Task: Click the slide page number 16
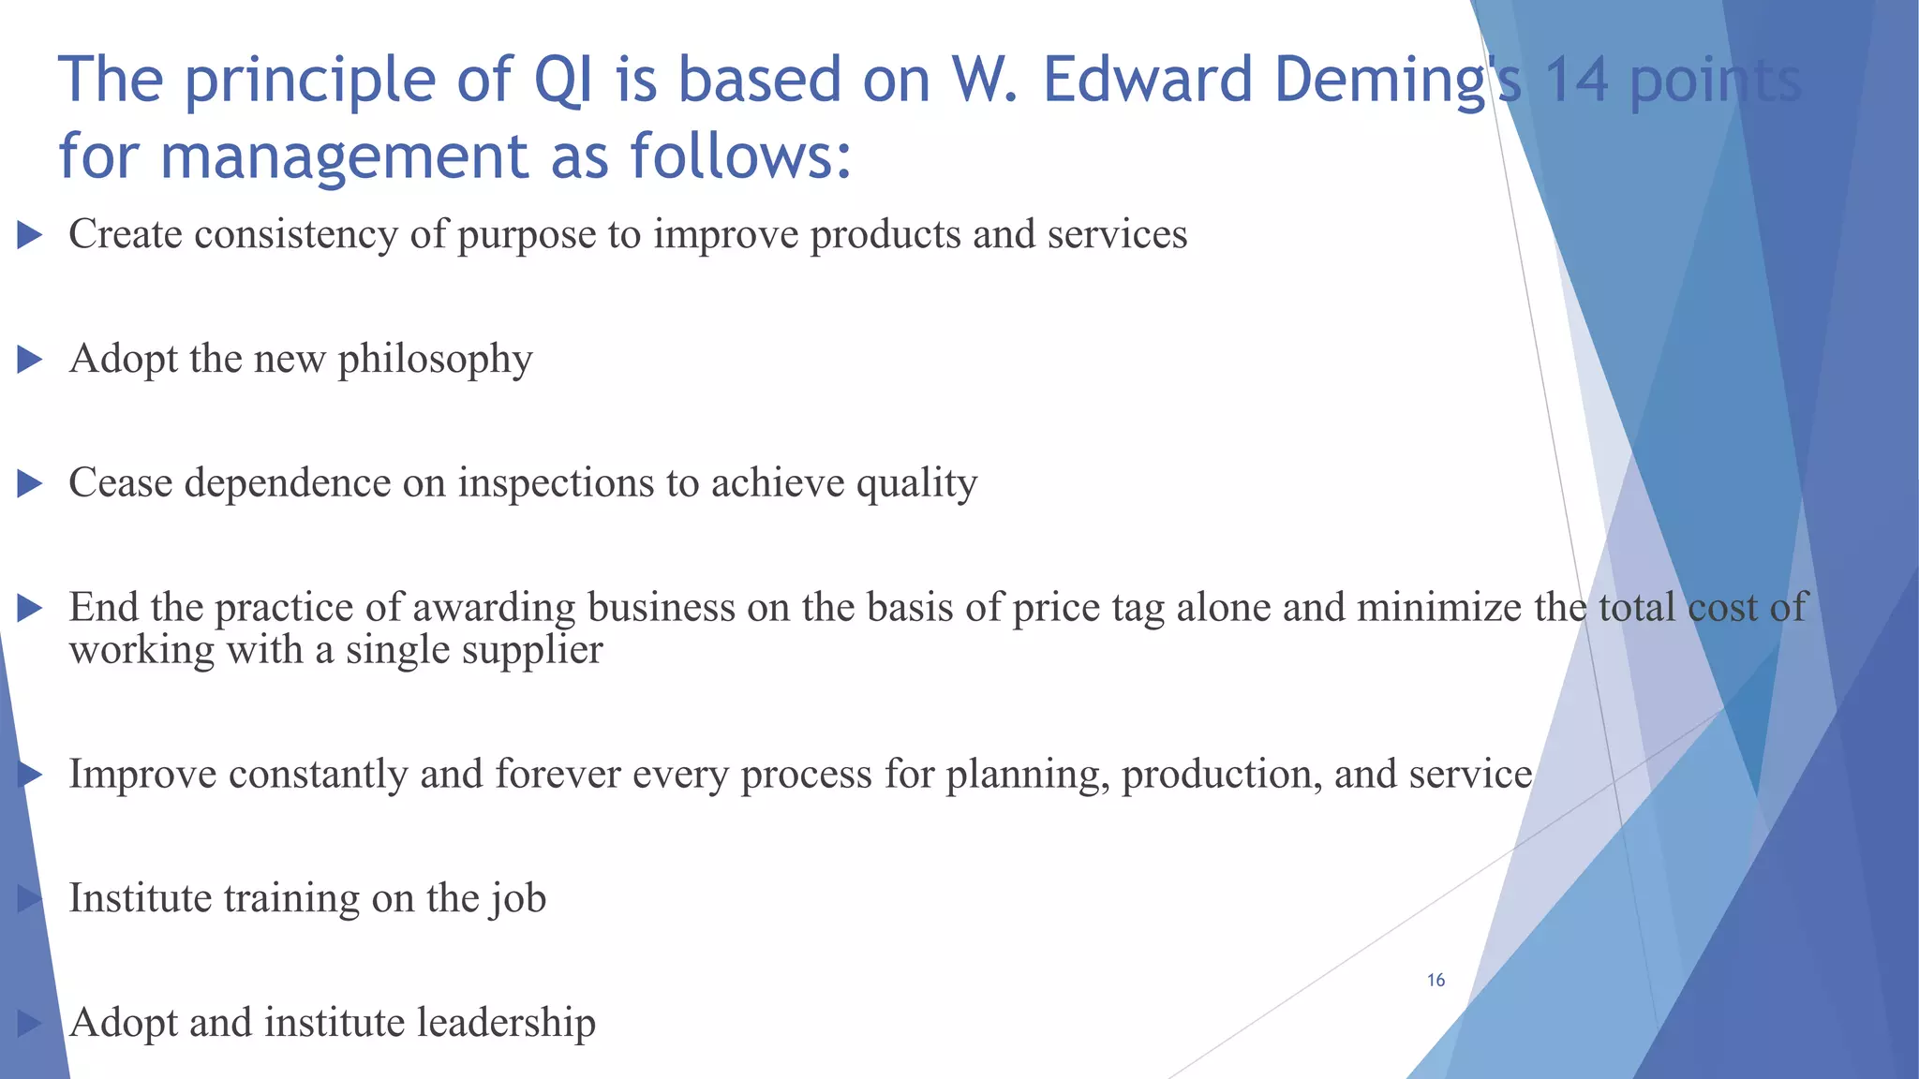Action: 1436,980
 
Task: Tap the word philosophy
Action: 435,360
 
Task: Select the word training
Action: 291,898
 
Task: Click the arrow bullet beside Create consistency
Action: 30,235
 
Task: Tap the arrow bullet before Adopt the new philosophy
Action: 30,360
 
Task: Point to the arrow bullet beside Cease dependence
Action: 30,484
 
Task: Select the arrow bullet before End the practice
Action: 30,609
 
